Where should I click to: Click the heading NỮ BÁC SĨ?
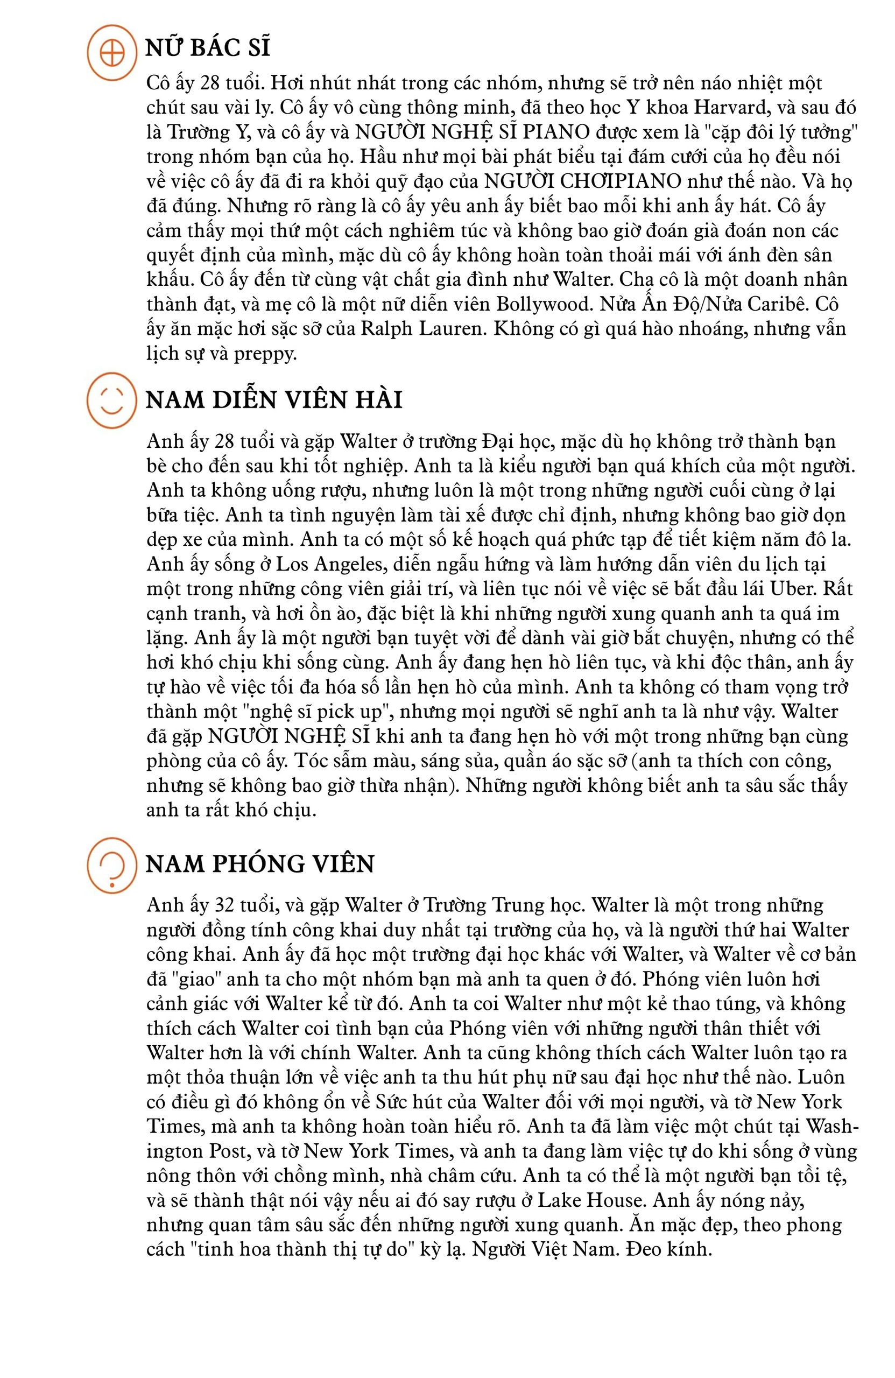point(207,48)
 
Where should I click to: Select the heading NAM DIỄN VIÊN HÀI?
point(273,400)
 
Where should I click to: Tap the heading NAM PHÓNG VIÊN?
point(259,863)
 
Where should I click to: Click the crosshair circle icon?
point(112,53)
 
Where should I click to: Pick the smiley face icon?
point(112,400)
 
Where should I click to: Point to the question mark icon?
point(112,864)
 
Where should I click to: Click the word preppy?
point(265,353)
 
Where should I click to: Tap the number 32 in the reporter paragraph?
point(225,905)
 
